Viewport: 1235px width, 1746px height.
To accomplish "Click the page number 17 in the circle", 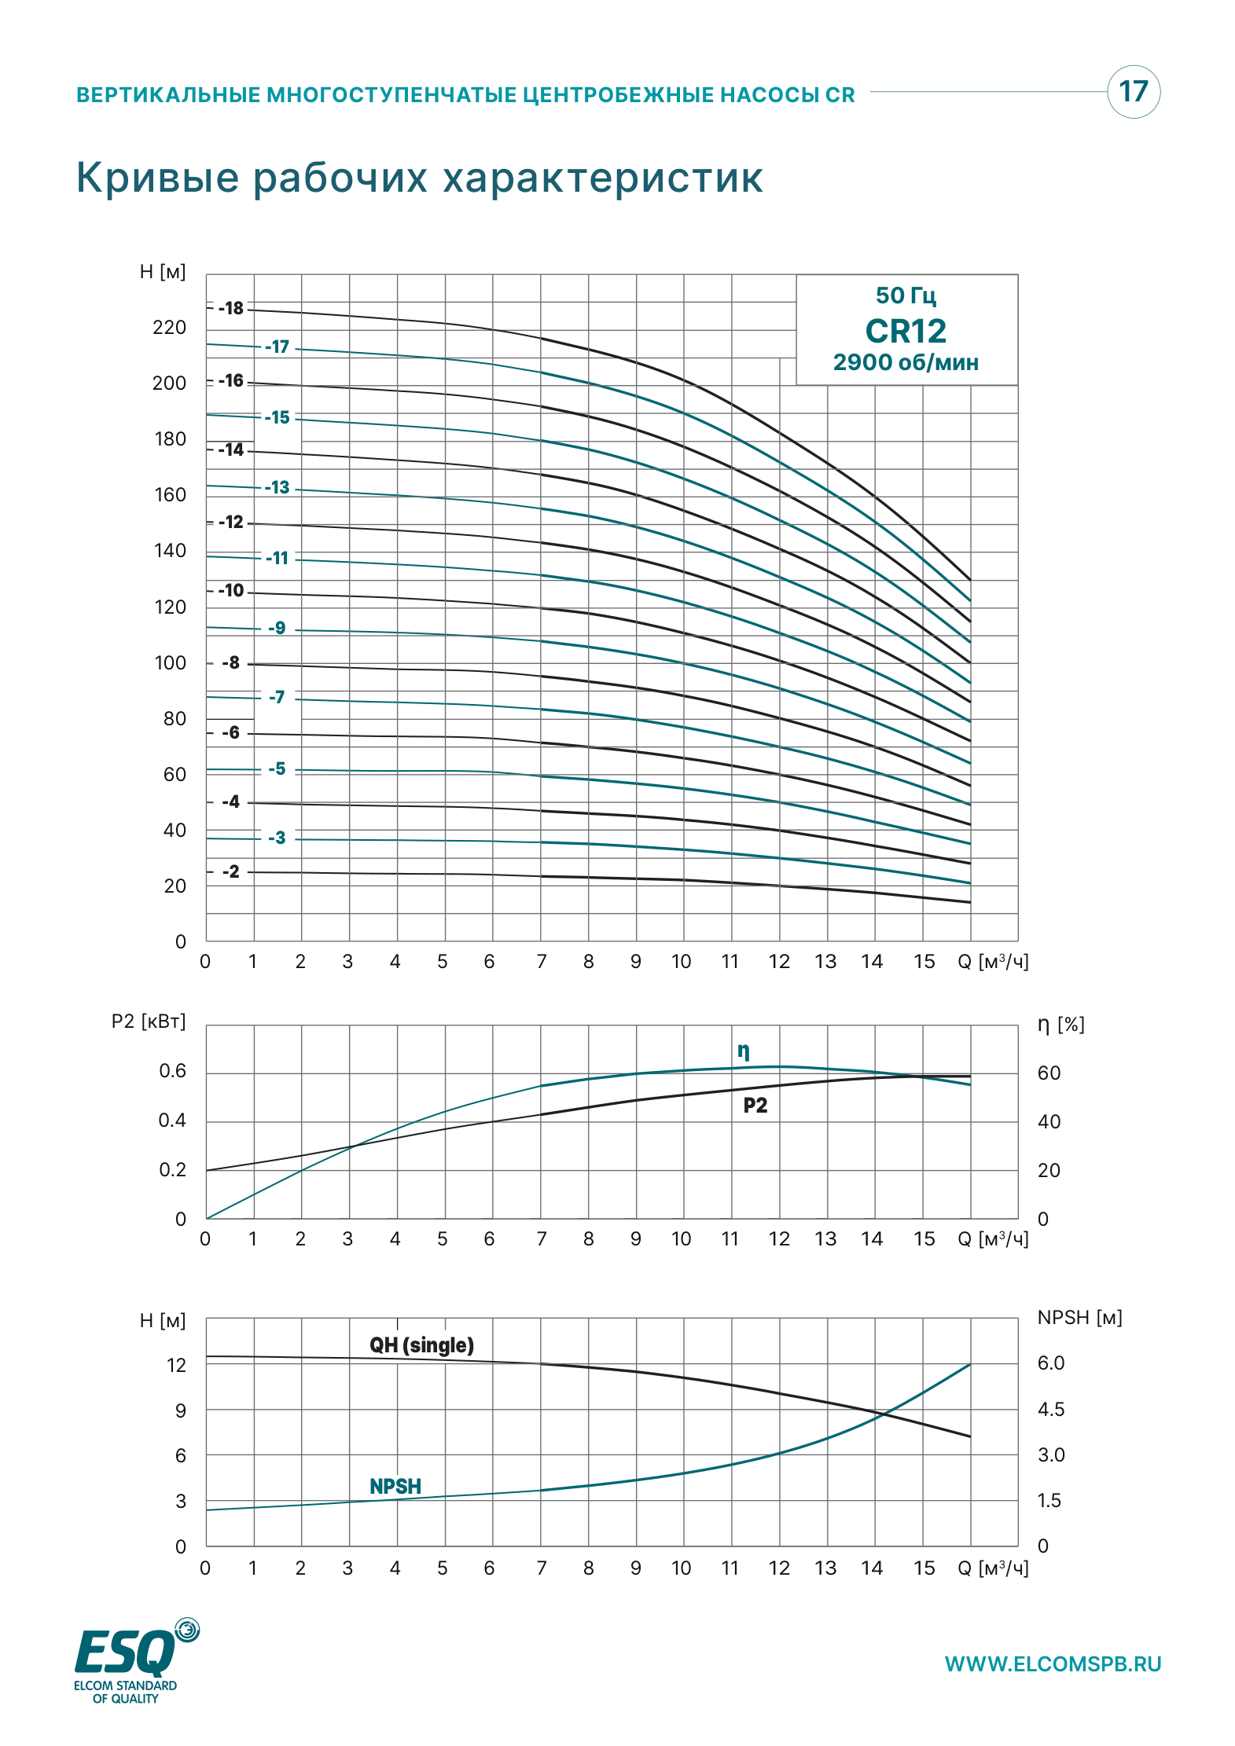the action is pyautogui.click(x=1134, y=91).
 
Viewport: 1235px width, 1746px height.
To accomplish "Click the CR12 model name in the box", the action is pyautogui.click(x=906, y=331).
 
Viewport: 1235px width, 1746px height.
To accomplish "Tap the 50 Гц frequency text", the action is pyautogui.click(x=906, y=295).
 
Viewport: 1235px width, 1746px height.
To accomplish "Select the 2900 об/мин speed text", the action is pyautogui.click(x=906, y=362).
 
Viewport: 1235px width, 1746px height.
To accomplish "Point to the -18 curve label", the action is pyautogui.click(x=231, y=308).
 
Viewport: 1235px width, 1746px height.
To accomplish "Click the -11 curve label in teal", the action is pyautogui.click(x=278, y=558).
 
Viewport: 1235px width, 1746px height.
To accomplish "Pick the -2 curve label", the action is pyautogui.click(x=231, y=871).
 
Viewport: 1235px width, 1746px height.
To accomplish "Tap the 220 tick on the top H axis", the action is pyautogui.click(x=169, y=328).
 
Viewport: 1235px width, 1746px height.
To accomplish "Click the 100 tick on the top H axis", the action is pyautogui.click(x=170, y=663).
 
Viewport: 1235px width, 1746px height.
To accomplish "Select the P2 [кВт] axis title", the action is pyautogui.click(x=149, y=1022).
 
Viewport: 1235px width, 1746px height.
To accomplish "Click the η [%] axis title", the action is pyautogui.click(x=1060, y=1025).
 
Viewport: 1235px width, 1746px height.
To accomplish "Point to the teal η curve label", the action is pyautogui.click(x=744, y=1051).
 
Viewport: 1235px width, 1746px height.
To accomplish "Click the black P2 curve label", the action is pyautogui.click(x=755, y=1106).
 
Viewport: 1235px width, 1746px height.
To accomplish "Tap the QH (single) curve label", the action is pyautogui.click(x=422, y=1345).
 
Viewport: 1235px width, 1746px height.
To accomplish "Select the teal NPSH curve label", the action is pyautogui.click(x=395, y=1487).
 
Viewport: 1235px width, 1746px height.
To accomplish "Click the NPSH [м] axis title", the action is pyautogui.click(x=1080, y=1318).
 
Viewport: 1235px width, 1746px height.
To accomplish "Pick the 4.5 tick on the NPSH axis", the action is pyautogui.click(x=1051, y=1410).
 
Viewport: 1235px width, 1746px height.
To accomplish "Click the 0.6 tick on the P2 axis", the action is pyautogui.click(x=172, y=1071).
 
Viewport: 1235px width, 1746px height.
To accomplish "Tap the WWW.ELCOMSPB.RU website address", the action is pyautogui.click(x=1053, y=1664).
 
